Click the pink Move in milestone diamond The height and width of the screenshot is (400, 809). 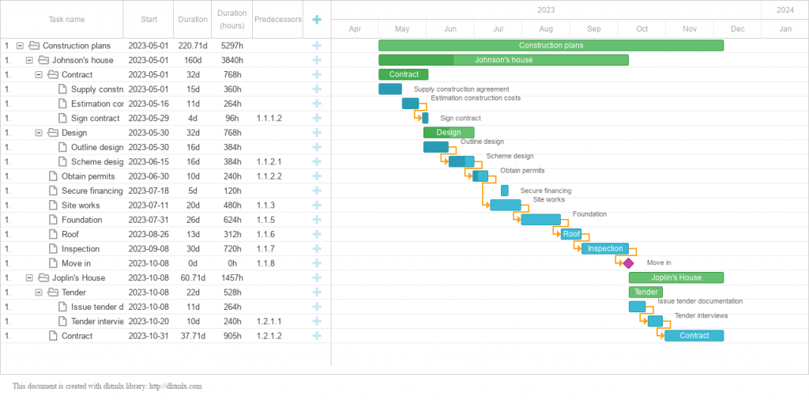tap(628, 263)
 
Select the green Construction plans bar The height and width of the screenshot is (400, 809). tap(551, 46)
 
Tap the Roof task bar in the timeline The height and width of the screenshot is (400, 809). tap(571, 234)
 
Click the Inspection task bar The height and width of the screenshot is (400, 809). tap(605, 249)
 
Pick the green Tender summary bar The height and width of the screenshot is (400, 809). tap(645, 292)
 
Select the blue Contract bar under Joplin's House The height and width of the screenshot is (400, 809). tap(694, 336)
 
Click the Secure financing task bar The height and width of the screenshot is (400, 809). tap(504, 191)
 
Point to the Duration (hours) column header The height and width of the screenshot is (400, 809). tap(232, 20)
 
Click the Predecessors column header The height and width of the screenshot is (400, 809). tap(277, 20)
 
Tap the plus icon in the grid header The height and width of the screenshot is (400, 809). tap(317, 20)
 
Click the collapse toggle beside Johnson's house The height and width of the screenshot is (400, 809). tap(29, 60)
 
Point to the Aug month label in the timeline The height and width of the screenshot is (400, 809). tap(546, 29)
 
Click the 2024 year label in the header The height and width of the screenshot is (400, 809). tap(785, 10)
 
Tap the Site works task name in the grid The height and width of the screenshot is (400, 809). tap(81, 206)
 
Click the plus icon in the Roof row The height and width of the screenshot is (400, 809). tap(317, 234)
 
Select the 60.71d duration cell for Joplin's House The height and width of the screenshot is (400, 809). tap(193, 278)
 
